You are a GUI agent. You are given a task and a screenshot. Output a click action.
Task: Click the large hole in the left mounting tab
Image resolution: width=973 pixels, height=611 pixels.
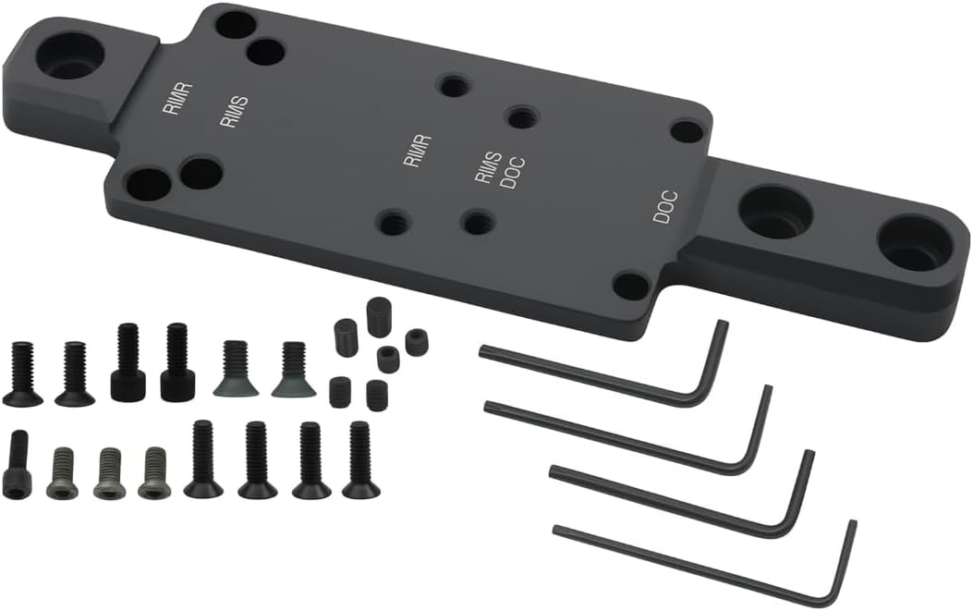click(x=66, y=55)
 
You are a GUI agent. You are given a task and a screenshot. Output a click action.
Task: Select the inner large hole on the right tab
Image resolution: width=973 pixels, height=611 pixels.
click(x=774, y=213)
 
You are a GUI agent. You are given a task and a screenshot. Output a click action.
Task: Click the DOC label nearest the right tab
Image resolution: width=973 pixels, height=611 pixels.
click(x=665, y=207)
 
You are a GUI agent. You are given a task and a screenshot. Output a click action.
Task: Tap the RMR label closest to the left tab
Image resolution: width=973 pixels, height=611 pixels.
click(x=176, y=101)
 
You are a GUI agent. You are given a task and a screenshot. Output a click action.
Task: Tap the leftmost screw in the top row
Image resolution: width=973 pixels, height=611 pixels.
click(x=22, y=373)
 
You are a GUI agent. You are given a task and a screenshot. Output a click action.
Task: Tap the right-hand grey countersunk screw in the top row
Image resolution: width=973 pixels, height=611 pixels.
click(x=294, y=369)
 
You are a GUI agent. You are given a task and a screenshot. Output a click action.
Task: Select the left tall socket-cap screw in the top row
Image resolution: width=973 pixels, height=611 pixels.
click(x=128, y=361)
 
